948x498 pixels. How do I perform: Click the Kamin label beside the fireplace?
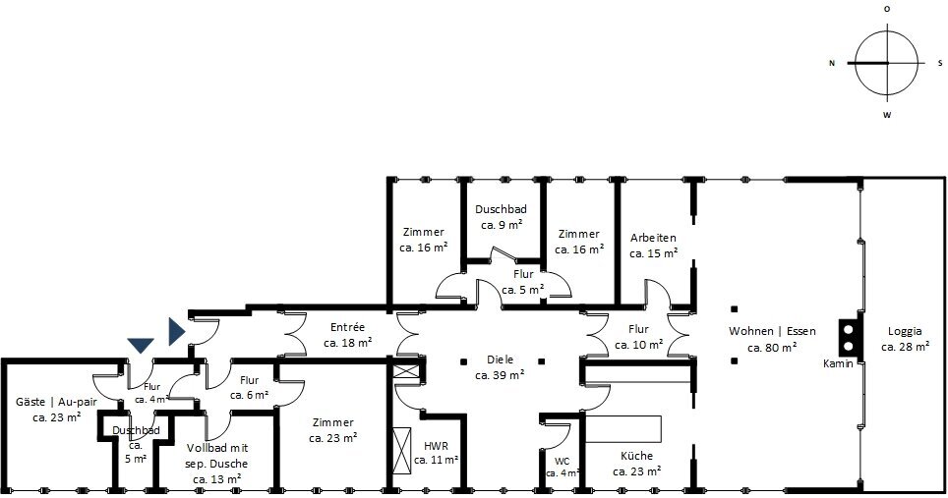[x=838, y=363]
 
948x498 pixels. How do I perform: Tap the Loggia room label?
[x=905, y=339]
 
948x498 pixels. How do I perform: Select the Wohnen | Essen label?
[x=772, y=339]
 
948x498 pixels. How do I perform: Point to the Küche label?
[x=636, y=464]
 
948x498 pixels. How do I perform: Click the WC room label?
[x=563, y=468]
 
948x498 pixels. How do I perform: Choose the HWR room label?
[x=436, y=453]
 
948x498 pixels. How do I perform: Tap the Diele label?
[x=500, y=367]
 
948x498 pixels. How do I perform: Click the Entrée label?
[x=348, y=335]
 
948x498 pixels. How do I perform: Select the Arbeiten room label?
[x=653, y=246]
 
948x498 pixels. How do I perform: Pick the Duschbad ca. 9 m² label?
[x=502, y=217]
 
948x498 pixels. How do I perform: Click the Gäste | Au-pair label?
[x=56, y=409]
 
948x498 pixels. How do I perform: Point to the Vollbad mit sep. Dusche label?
[x=217, y=464]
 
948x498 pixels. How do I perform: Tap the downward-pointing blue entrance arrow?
[x=141, y=346]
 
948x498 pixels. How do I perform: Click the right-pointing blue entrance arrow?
[x=177, y=331]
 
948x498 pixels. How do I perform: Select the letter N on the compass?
[x=832, y=63]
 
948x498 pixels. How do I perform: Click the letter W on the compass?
[x=887, y=115]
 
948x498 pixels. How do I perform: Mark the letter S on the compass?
[x=940, y=63]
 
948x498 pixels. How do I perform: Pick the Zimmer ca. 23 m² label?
[x=333, y=430]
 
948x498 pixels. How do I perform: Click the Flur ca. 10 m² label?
[x=639, y=337]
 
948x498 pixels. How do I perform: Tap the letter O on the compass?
[x=887, y=9]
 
